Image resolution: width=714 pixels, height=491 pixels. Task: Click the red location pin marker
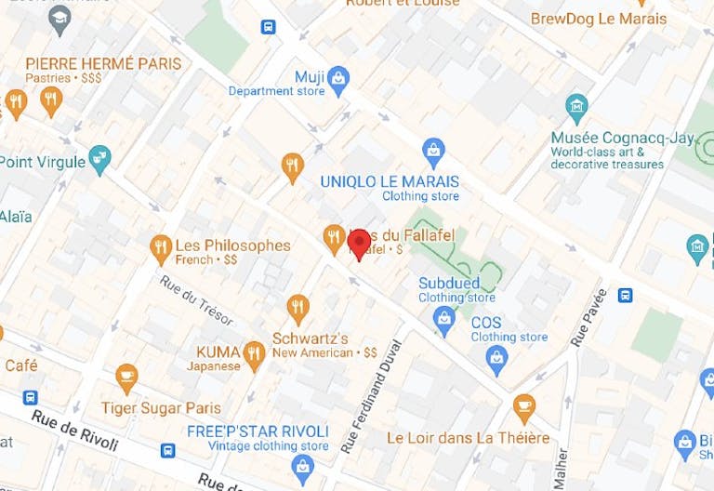pyautogui.click(x=359, y=245)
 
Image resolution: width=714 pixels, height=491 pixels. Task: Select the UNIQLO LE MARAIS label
pyautogui.click(x=390, y=180)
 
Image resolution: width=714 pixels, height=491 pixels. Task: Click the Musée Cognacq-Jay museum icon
pyautogui.click(x=576, y=105)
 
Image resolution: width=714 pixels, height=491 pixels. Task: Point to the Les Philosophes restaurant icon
pyautogui.click(x=161, y=247)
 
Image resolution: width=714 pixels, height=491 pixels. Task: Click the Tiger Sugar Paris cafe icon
pyautogui.click(x=126, y=377)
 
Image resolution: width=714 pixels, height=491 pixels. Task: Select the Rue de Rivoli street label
pyautogui.click(x=75, y=431)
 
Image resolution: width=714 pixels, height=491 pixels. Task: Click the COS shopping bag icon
pyautogui.click(x=497, y=357)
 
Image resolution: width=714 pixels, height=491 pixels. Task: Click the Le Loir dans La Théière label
pyautogui.click(x=468, y=437)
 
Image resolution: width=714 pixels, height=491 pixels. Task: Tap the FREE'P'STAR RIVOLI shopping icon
pyautogui.click(x=302, y=467)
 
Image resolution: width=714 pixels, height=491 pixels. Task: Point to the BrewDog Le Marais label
pyautogui.click(x=599, y=18)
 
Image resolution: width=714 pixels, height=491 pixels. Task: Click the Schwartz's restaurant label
pyautogui.click(x=310, y=338)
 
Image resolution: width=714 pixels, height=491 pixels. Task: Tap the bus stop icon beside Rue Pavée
pyautogui.click(x=626, y=296)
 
